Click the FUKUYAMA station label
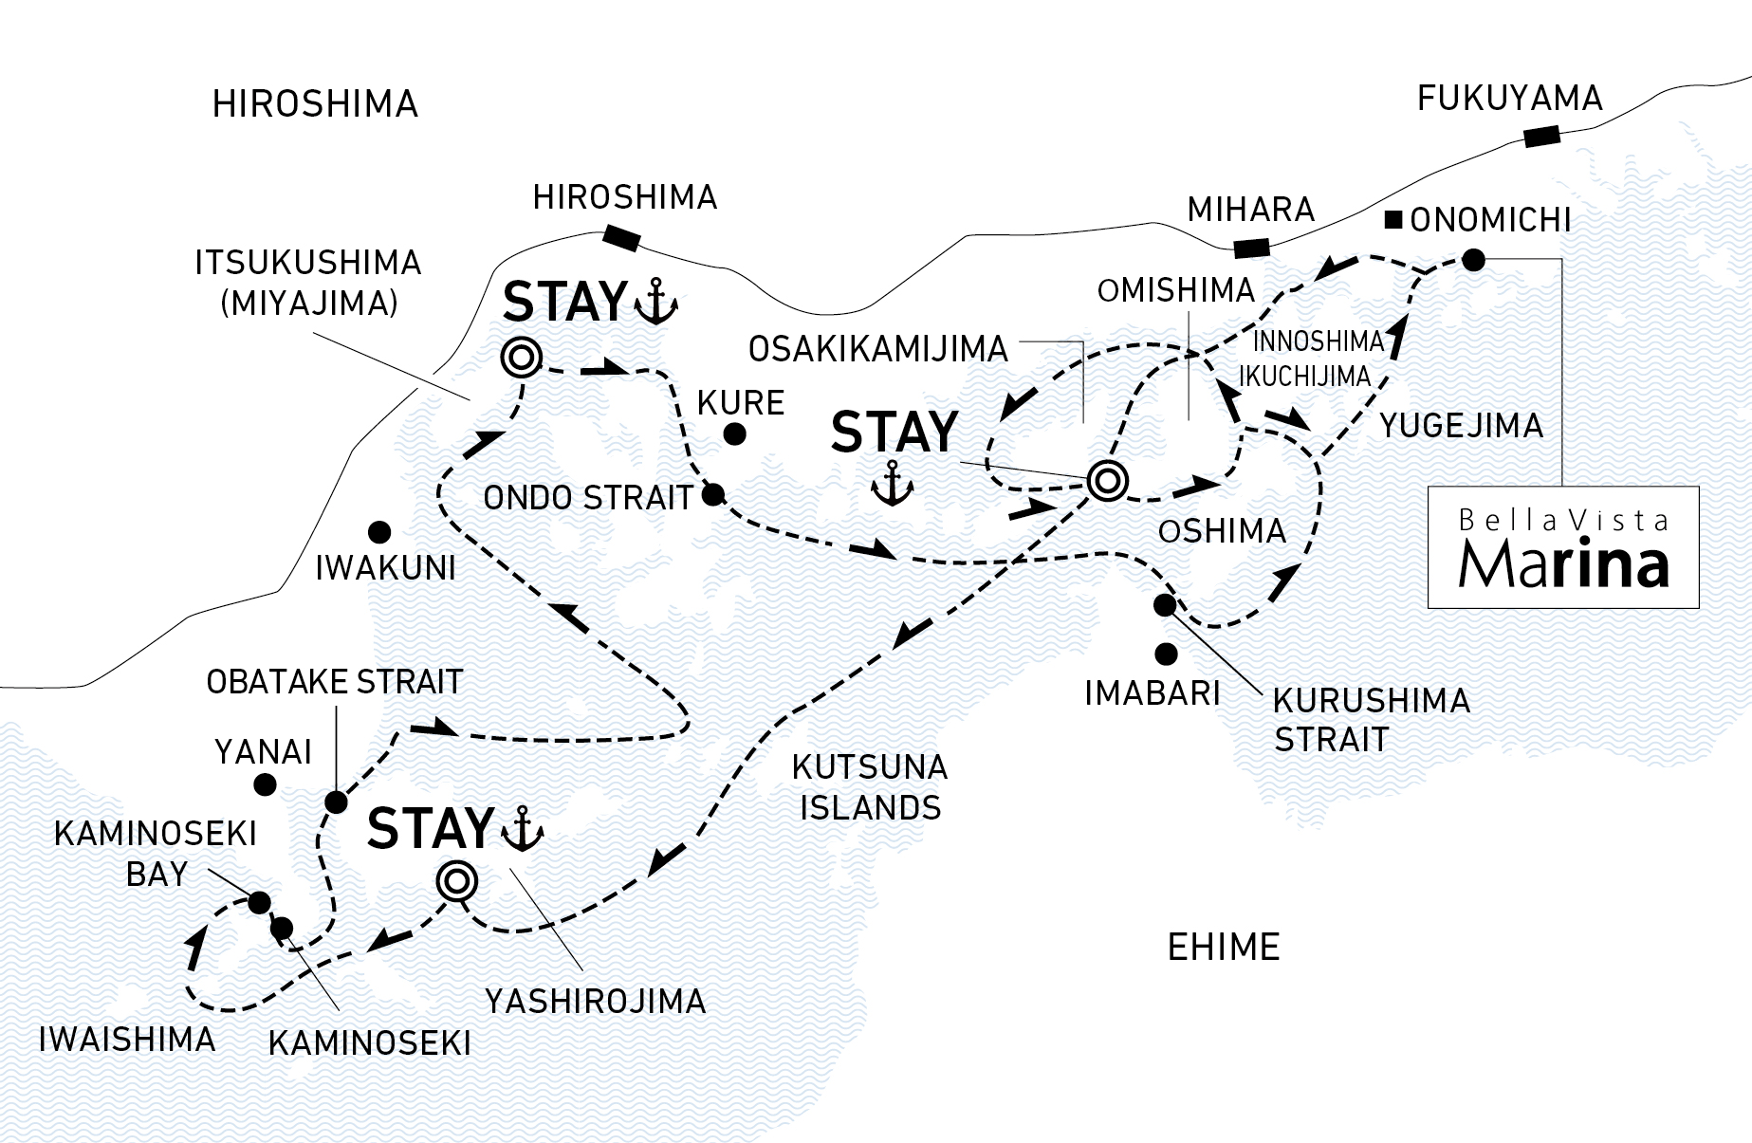pos(1509,98)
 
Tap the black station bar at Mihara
pos(1251,249)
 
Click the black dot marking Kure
pos(733,435)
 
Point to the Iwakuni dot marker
pos(379,531)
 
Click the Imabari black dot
pos(1166,654)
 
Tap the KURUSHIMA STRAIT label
pos(1371,719)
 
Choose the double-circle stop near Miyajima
pos(521,358)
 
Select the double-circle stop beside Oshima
pos(1106,481)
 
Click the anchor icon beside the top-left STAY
pos(655,303)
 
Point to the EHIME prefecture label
pos(1223,947)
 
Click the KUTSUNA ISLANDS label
pos(870,786)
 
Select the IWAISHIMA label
pos(127,1040)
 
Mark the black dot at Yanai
pos(265,784)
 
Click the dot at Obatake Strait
pos(335,802)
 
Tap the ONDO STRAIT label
pos(588,498)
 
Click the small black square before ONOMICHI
pos(1393,221)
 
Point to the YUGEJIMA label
pos(1461,426)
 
